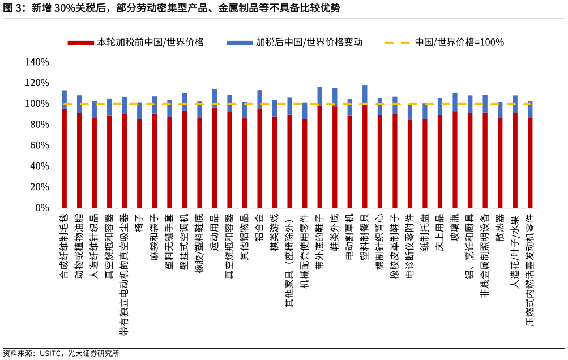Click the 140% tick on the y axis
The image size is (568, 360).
(x=37, y=62)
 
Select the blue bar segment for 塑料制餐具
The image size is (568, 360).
(x=365, y=95)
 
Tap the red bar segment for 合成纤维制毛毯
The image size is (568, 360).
(x=65, y=158)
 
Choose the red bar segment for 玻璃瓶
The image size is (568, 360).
(x=455, y=159)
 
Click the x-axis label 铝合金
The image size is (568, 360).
(x=259, y=226)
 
